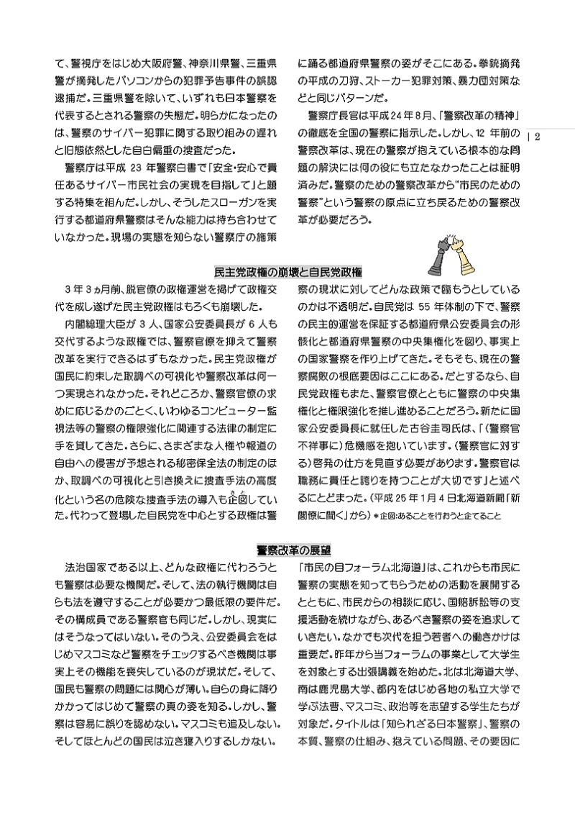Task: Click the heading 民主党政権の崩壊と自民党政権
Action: coord(288,272)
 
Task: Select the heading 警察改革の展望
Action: coord(288,550)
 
